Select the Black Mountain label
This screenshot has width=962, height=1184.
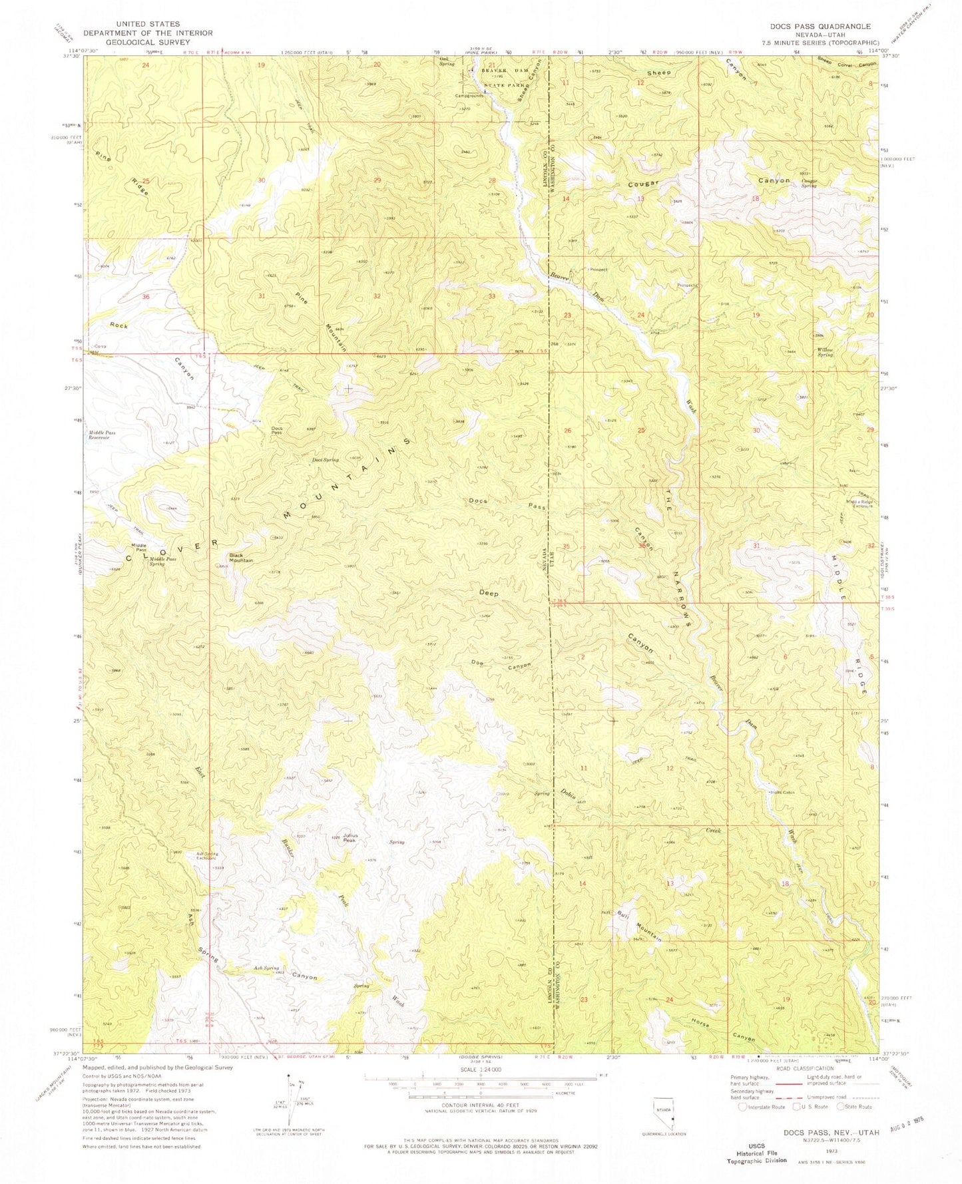tap(241, 558)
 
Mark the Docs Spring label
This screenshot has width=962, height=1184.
tap(326, 460)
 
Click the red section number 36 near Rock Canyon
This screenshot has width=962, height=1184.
tap(146, 297)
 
